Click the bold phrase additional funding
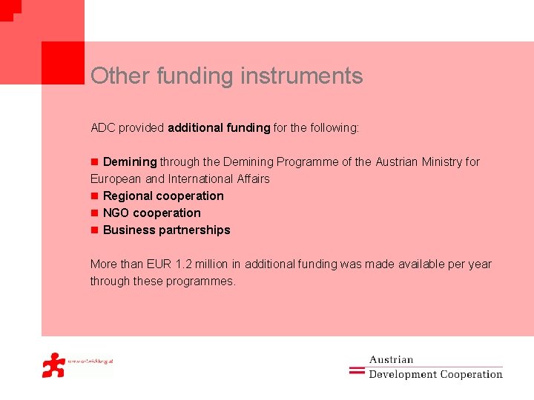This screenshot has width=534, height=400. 219,128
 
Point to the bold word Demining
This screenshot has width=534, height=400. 130,162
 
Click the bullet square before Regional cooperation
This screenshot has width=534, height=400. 94,196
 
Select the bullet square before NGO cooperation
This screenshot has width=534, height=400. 94,213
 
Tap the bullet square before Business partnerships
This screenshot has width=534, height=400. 94,230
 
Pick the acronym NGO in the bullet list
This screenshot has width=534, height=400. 116,213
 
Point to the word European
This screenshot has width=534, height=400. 115,179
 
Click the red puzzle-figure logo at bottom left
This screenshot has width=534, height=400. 53,364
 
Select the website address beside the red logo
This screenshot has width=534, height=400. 90,361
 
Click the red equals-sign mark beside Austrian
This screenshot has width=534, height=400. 357,368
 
